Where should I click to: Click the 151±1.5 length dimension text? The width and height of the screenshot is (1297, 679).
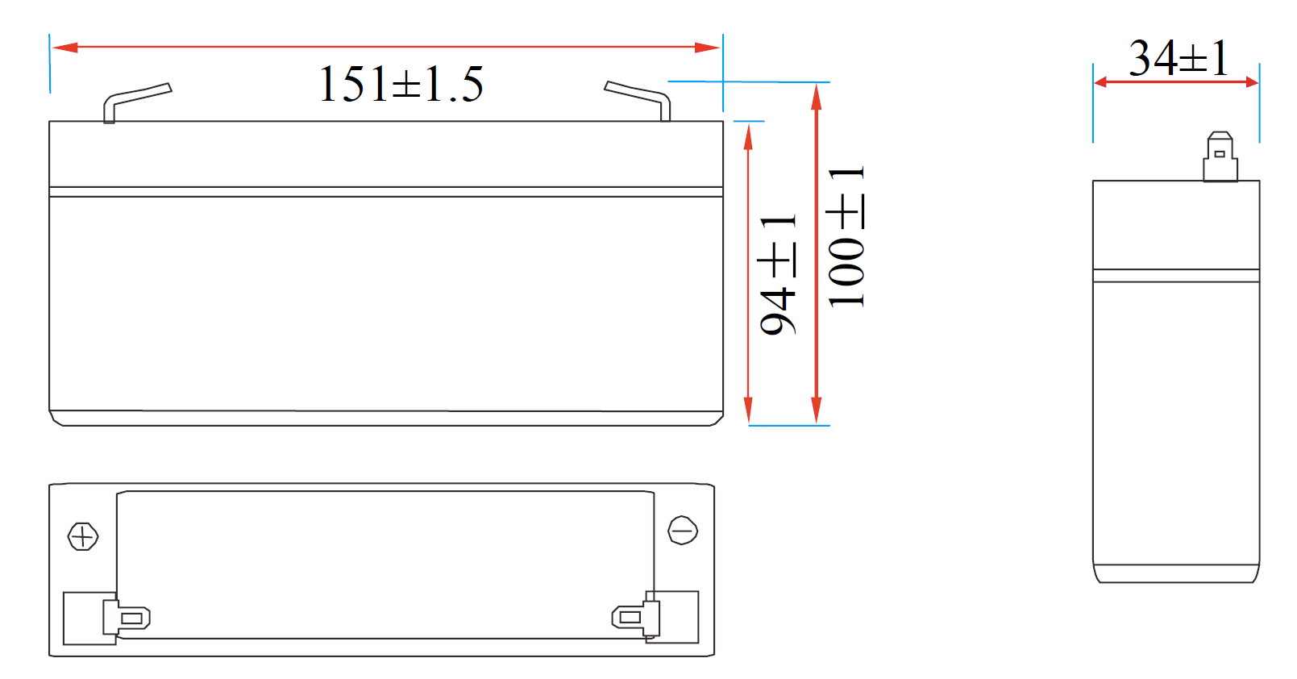401,84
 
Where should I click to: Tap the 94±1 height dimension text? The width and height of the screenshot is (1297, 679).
778,274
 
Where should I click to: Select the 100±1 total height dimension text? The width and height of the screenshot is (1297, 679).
846,237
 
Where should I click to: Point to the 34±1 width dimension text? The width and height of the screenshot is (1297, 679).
1179,58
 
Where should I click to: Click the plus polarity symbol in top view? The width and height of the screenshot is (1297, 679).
83,536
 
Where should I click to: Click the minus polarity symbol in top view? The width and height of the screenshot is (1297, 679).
683,531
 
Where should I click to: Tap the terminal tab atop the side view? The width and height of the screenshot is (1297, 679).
1220,158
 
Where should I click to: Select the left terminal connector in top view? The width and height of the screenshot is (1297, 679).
127,618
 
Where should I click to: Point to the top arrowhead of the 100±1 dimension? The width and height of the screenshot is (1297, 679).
817,96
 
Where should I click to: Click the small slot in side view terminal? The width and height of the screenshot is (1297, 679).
1220,153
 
